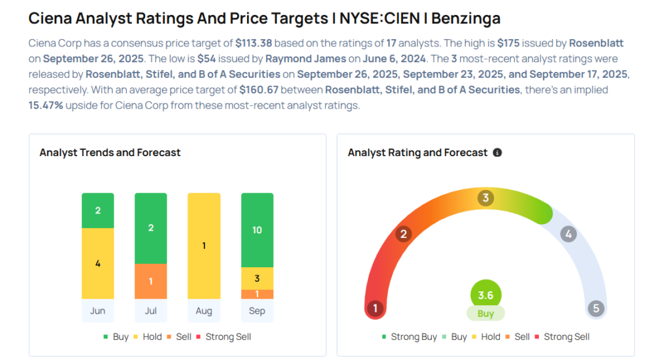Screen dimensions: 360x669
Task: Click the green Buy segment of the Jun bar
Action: (97, 210)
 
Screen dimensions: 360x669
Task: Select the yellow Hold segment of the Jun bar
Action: (97, 263)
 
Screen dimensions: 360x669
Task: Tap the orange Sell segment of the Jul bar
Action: (151, 281)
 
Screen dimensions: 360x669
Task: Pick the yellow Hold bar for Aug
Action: (204, 246)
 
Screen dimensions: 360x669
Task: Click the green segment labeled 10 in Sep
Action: (257, 230)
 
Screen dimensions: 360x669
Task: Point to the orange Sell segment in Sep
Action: (257, 294)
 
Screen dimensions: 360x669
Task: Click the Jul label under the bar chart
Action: (151, 310)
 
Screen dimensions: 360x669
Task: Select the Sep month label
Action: (257, 310)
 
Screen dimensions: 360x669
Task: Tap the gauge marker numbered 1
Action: (375, 308)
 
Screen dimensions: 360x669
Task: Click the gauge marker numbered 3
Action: (485, 198)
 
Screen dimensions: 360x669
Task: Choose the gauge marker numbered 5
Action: (595, 308)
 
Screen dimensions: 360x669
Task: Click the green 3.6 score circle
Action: (485, 295)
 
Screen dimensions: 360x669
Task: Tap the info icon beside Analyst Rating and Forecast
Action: (497, 153)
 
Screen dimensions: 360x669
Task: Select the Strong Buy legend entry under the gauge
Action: (409, 336)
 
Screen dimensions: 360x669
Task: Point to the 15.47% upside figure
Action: (46, 105)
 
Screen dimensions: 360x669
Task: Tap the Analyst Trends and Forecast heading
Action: (110, 153)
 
